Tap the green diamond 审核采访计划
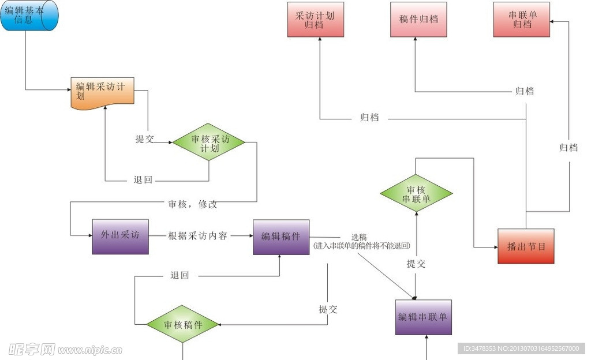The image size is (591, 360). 209,142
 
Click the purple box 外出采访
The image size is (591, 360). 120,236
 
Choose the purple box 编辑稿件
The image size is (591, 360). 280,237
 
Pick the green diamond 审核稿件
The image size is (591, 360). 183,324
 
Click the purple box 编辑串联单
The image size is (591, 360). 423,317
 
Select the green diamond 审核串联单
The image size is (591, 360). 416,194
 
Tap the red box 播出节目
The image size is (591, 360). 526,246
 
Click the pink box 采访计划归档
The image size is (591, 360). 315,20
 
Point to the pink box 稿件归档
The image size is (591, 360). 418,20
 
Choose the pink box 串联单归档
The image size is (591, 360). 521,20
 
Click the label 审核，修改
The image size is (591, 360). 193,204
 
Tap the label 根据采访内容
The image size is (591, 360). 197,236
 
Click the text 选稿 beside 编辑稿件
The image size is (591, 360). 359,237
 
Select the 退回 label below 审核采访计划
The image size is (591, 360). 143,180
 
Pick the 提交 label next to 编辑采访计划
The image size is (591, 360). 144,139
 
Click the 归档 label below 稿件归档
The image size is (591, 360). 524,91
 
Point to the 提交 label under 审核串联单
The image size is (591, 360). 416,264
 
